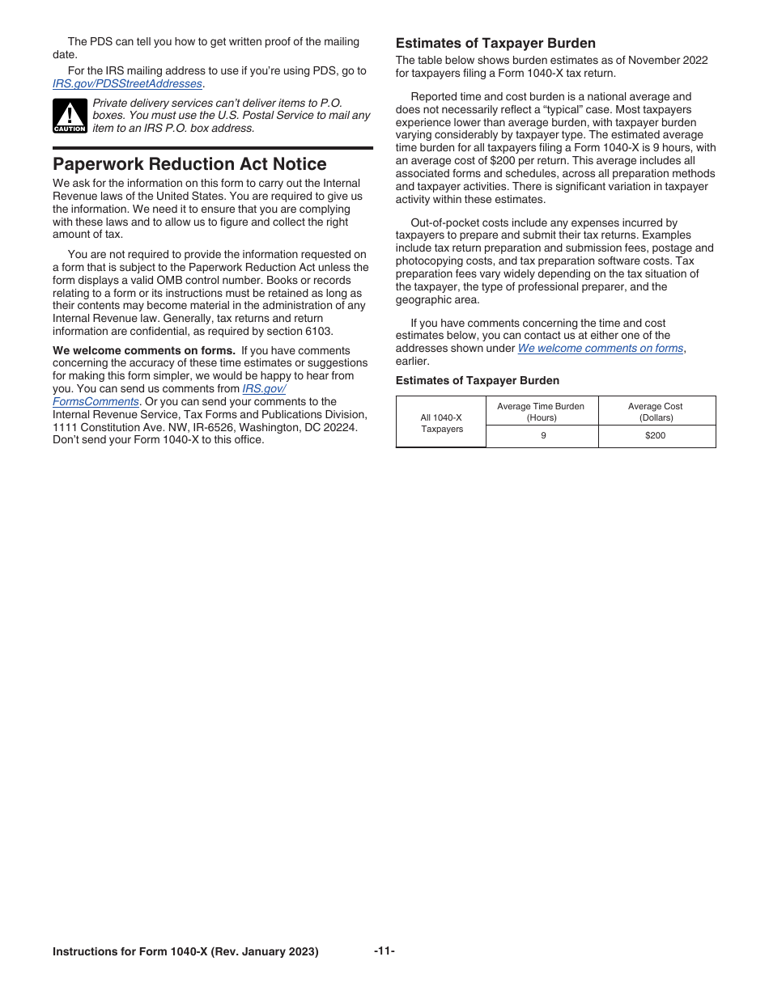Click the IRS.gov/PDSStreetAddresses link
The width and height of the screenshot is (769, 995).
tap(127, 84)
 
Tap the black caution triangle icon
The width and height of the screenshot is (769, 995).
tap(70, 116)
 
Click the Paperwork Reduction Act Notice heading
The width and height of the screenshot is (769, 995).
tap(189, 164)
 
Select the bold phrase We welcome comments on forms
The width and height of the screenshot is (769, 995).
tap(144, 350)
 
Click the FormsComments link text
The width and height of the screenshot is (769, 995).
tap(96, 401)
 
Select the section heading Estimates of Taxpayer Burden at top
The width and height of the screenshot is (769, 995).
tap(495, 44)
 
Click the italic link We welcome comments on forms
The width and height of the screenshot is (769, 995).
tap(600, 348)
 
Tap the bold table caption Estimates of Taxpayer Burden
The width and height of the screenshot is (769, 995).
tap(477, 380)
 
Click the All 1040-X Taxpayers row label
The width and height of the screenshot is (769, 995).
tap(441, 423)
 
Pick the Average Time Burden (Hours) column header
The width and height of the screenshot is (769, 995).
tap(542, 412)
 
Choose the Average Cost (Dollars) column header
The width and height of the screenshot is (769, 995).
tap(656, 412)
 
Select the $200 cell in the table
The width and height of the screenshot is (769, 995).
tap(656, 435)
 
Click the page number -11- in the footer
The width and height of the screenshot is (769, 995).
tap(384, 951)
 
